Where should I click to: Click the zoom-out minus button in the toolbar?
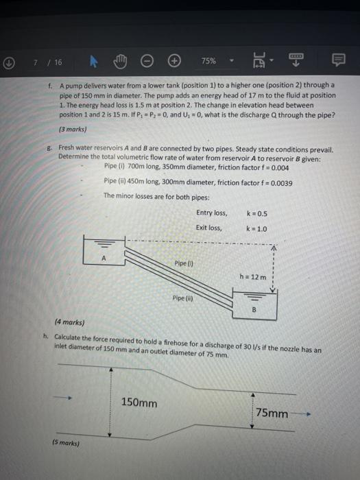[146, 61]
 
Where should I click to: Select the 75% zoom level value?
[208, 61]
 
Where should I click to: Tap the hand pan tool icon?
[117, 61]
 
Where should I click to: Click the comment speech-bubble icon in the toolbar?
[339, 61]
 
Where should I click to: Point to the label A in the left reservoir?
[104, 259]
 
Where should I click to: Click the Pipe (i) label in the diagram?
[183, 263]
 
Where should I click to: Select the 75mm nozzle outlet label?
[272, 413]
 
